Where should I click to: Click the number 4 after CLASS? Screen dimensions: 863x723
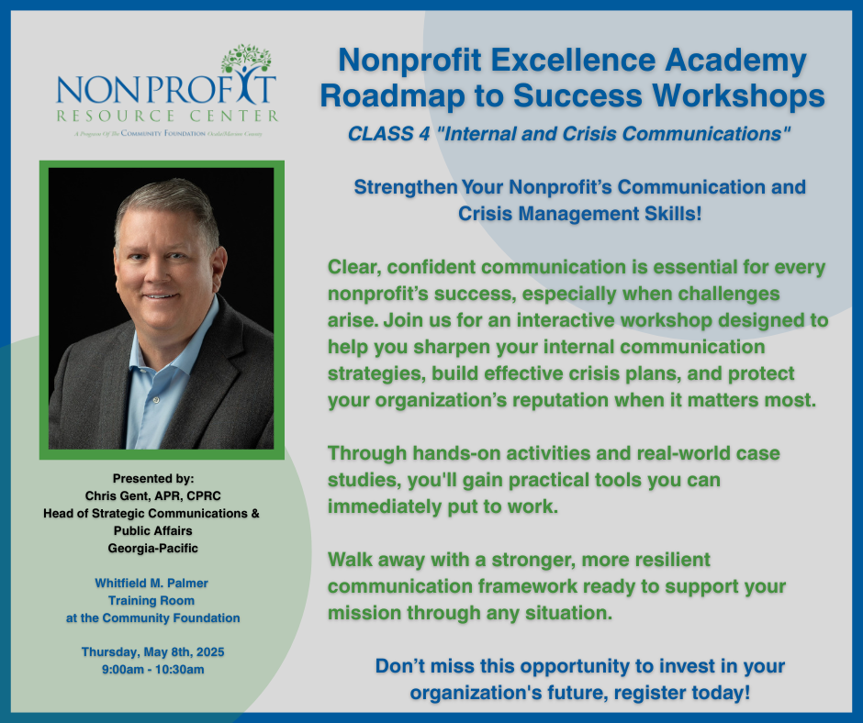click(424, 134)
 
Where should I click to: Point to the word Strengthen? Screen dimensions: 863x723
click(406, 187)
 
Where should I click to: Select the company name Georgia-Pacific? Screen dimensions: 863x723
click(153, 548)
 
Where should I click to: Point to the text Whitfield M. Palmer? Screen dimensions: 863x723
click(151, 584)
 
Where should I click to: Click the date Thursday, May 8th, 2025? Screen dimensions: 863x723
click(153, 652)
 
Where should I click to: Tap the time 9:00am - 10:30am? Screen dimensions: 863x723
click(153, 670)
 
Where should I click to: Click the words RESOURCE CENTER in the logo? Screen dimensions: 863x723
click(167, 117)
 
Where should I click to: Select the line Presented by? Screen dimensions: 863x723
click(153, 479)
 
